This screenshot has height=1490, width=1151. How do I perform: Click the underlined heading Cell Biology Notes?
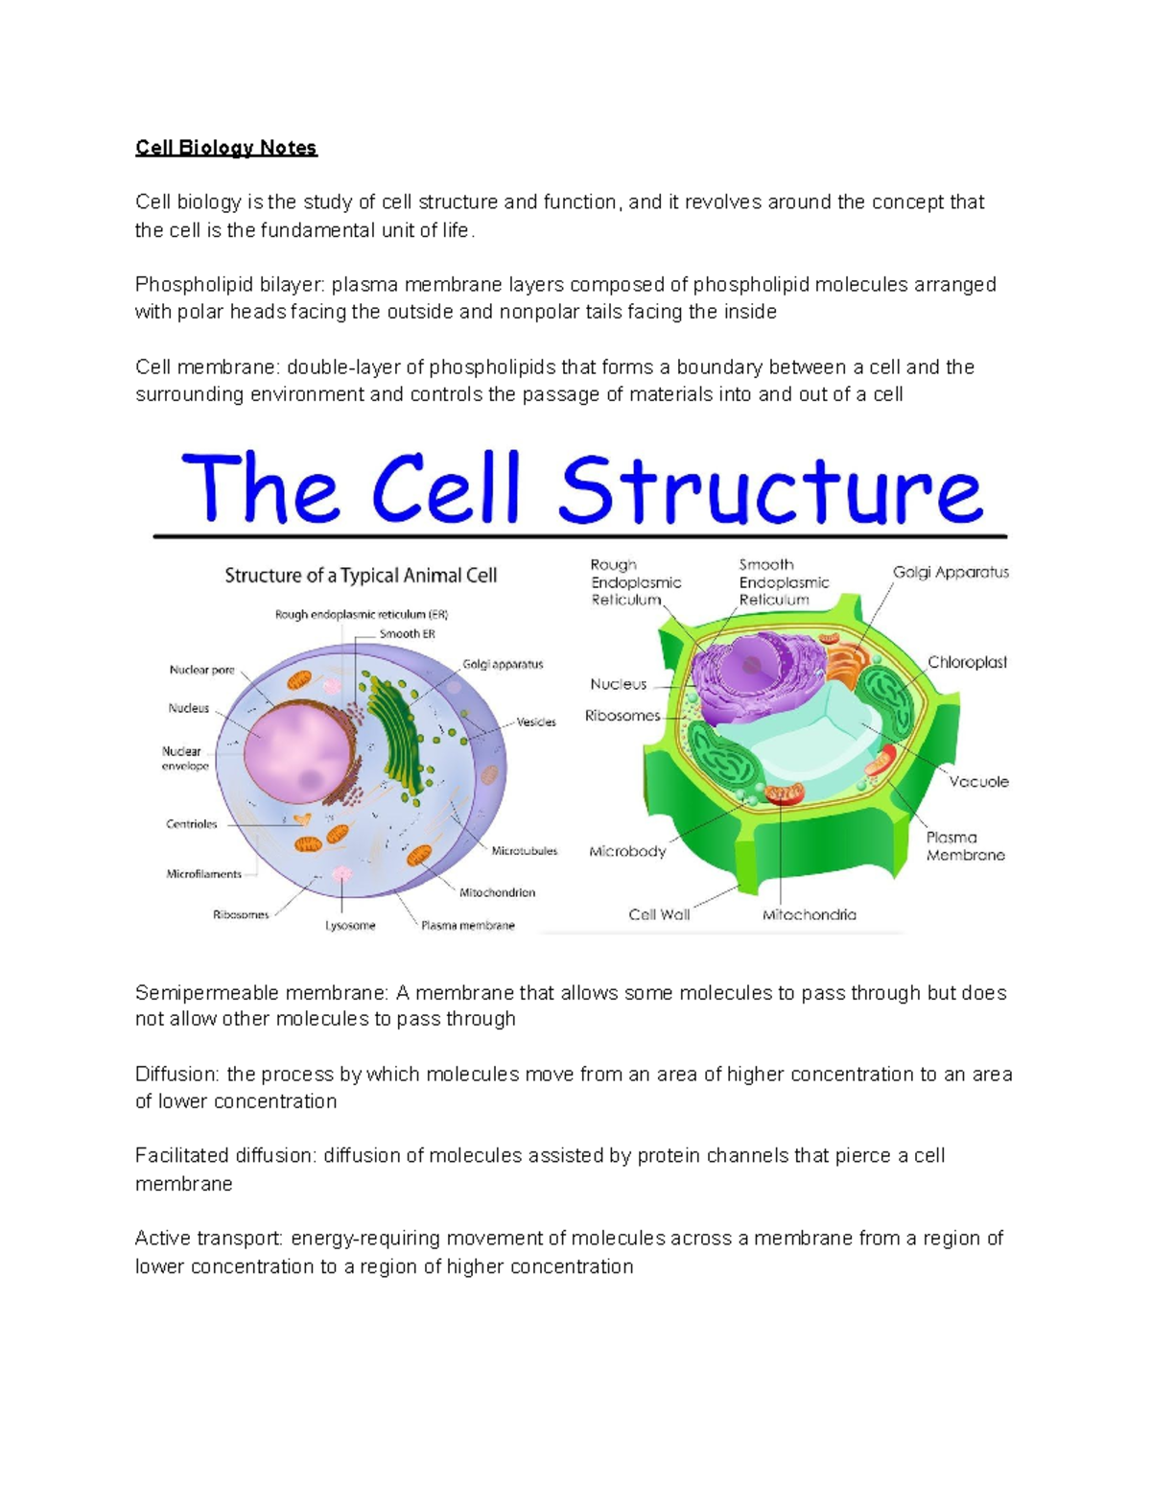point(225,148)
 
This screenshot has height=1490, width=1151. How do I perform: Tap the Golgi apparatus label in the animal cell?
point(503,664)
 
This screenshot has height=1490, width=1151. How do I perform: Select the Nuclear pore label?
point(201,670)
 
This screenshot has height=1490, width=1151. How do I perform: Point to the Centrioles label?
point(192,824)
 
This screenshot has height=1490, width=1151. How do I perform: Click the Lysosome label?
point(350,926)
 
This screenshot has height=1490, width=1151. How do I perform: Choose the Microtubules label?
point(524,851)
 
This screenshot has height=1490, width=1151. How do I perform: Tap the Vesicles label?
point(536,721)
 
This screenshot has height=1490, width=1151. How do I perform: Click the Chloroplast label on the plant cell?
point(967,662)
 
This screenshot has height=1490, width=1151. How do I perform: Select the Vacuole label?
point(978,782)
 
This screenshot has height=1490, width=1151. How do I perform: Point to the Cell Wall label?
point(659,914)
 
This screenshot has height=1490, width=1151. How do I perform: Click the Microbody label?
point(627,851)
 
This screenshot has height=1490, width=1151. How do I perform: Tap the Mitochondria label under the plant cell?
point(809,914)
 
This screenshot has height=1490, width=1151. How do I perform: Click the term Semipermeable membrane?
point(261,993)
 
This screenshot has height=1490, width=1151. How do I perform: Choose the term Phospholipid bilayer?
point(229,285)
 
